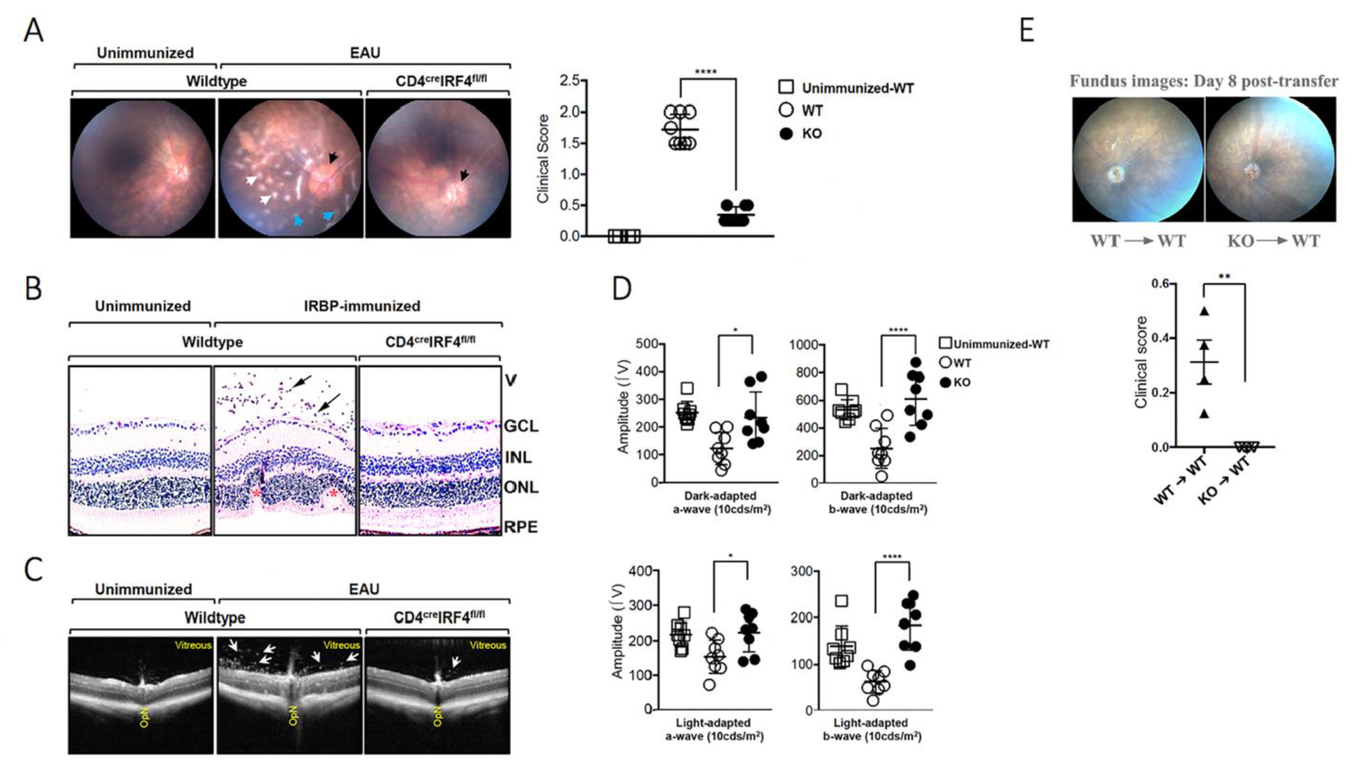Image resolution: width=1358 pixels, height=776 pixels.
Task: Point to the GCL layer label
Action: [521, 426]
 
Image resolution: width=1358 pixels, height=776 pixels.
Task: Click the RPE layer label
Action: [521, 527]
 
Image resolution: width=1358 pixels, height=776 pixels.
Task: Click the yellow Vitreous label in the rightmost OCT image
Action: [487, 645]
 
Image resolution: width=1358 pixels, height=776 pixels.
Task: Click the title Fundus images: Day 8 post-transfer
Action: [1203, 81]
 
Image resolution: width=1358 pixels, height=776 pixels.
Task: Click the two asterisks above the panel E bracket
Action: [1224, 276]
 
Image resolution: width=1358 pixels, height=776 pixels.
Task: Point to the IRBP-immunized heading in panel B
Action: [362, 306]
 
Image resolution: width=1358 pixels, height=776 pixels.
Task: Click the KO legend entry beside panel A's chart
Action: [811, 133]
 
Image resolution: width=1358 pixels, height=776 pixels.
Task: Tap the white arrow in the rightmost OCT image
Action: [455, 662]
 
